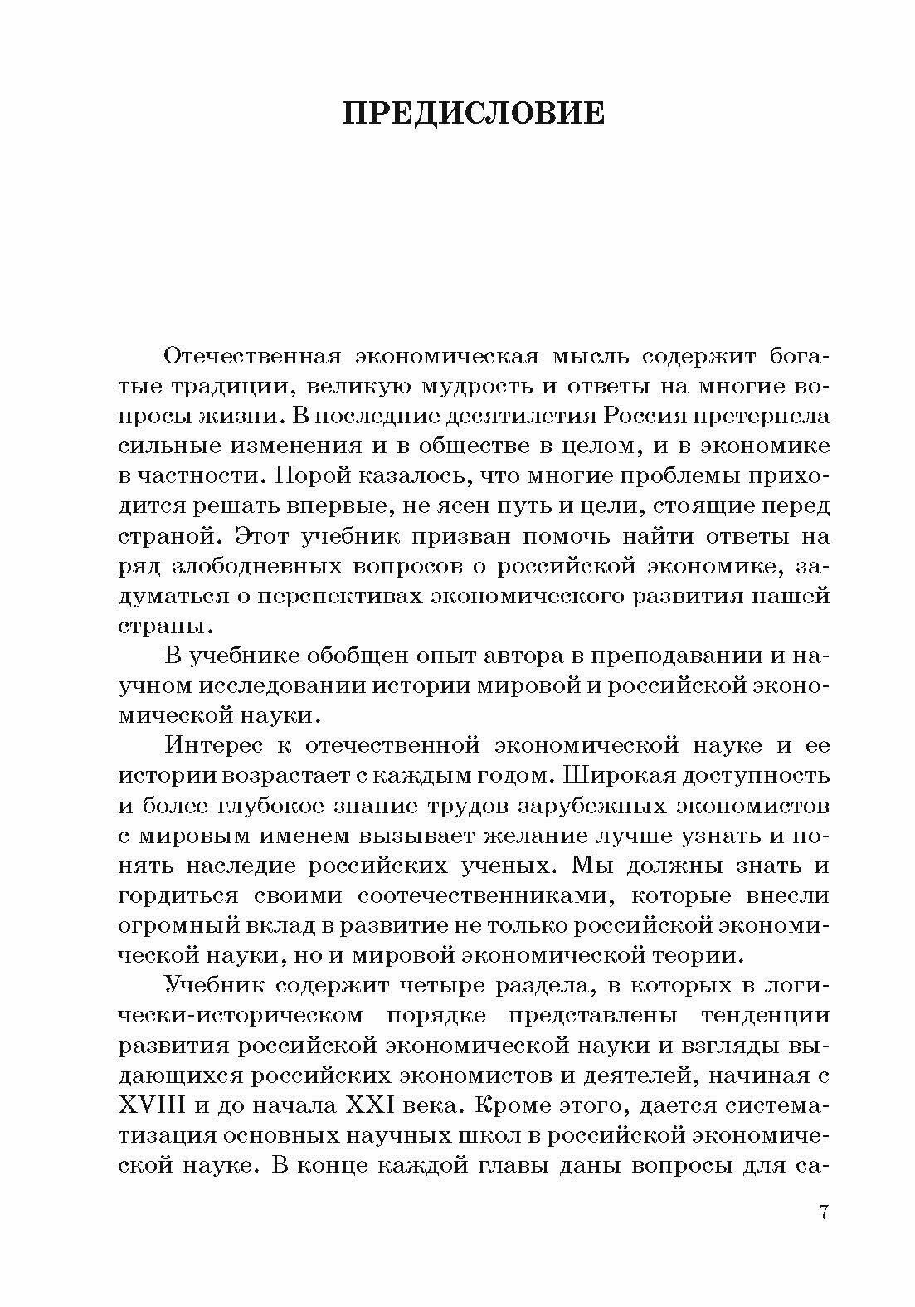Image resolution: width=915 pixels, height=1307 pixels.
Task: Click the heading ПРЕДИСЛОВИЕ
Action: tap(474, 114)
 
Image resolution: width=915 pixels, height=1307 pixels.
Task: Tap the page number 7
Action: tap(823, 1212)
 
